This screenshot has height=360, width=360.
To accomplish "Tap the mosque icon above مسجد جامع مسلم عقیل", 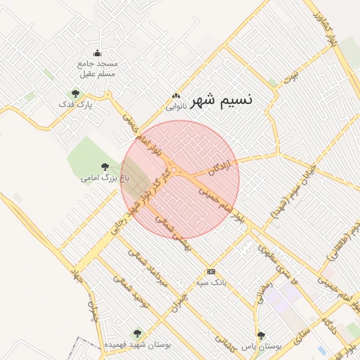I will tap(97, 53).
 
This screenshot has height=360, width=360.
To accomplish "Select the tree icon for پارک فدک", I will tap(75, 93).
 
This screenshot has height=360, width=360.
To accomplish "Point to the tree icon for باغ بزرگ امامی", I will tap(105, 167).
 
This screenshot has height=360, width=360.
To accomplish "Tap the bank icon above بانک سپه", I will tap(210, 271).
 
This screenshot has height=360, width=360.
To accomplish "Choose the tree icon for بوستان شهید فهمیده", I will tap(137, 334).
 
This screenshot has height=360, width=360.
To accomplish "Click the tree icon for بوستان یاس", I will tap(261, 335).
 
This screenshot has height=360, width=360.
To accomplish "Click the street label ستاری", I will tap(295, 334).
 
